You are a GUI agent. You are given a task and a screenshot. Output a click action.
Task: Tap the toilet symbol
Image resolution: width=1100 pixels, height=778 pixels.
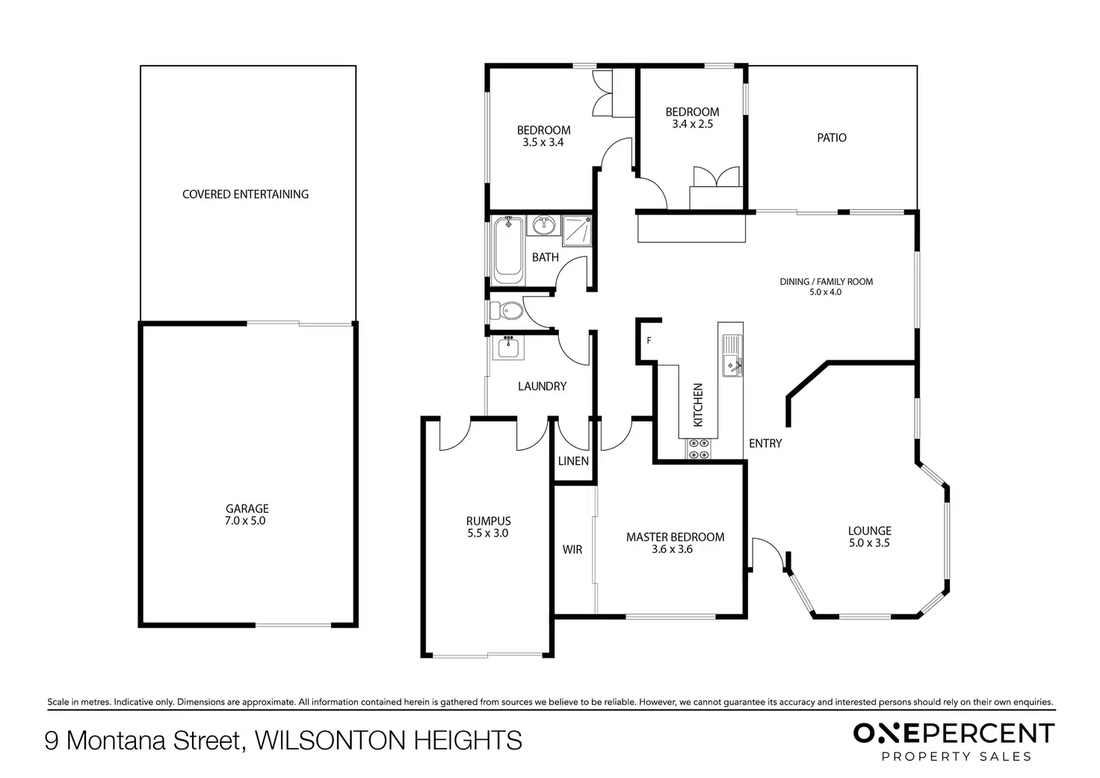tap(507, 311)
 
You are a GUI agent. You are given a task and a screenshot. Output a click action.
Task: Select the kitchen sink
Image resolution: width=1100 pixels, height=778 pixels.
tap(732, 355)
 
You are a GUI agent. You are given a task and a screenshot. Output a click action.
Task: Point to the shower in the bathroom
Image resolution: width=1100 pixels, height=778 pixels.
tap(576, 230)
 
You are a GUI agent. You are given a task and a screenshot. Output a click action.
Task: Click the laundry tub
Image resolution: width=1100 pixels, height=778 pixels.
tap(508, 348)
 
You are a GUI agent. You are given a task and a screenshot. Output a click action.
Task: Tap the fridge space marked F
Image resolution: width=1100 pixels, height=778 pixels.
tap(649, 340)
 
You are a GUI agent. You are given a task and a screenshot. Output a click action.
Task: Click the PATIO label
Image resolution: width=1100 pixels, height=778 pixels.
tap(832, 138)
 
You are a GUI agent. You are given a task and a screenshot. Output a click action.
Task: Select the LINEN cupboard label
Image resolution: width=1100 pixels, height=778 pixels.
tap(573, 460)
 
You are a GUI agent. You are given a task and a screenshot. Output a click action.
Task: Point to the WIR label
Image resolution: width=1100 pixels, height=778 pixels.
tap(572, 549)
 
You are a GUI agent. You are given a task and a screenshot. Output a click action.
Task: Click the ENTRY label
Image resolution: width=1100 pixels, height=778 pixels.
tap(765, 443)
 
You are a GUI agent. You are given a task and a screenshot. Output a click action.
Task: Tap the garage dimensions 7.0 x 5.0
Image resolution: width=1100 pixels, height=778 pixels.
tap(245, 521)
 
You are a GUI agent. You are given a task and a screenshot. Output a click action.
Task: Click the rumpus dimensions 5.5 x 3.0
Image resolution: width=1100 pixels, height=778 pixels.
tap(488, 533)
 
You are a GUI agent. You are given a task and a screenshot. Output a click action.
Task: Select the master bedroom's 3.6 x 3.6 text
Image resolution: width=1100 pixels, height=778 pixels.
tap(672, 549)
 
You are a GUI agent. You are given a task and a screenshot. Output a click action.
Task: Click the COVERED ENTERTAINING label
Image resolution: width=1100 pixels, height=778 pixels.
tap(246, 194)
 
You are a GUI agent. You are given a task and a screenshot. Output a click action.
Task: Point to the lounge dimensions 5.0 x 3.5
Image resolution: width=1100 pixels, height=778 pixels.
tap(869, 543)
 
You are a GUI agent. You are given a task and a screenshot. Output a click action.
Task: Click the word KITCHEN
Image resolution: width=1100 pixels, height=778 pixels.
tap(698, 405)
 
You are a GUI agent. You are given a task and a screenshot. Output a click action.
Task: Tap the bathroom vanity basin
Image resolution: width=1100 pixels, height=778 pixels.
tap(543, 225)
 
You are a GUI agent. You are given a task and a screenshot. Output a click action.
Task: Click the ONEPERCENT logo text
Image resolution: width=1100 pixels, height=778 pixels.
tap(954, 734)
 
